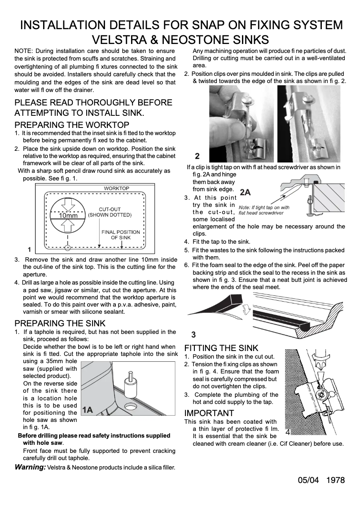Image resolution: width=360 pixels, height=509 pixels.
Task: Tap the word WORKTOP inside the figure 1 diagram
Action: (116, 188)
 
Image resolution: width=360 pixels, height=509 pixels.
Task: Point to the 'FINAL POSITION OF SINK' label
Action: (120, 235)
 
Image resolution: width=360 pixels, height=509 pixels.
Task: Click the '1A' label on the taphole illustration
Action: (88, 410)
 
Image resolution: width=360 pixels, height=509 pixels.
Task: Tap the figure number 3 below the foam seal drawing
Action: (193, 334)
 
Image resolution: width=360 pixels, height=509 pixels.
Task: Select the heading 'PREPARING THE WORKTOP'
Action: (72, 125)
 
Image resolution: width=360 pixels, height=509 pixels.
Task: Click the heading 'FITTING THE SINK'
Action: (221, 348)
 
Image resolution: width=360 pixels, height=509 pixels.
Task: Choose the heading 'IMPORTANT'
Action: (209, 413)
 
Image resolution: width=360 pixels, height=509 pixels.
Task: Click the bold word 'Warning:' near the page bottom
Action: (30, 467)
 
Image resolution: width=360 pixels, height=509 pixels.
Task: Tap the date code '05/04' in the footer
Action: (308, 480)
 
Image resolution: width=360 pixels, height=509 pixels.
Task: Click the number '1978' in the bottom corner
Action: (336, 480)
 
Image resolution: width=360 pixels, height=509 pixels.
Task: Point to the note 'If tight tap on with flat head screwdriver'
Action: (264, 210)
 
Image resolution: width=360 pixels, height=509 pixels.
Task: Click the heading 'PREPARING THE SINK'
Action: (60, 323)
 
